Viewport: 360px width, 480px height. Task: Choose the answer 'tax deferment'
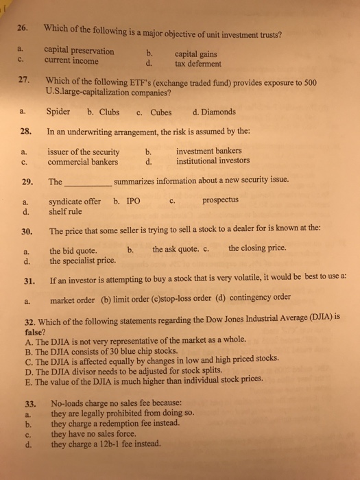pyautogui.click(x=198, y=64)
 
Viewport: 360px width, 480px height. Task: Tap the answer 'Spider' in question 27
pyautogui.click(x=58, y=112)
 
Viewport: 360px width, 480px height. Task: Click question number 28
pyautogui.click(x=23, y=131)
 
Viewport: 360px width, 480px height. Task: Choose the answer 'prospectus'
pyautogui.click(x=221, y=201)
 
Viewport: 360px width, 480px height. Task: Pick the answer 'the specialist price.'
pyautogui.click(x=83, y=261)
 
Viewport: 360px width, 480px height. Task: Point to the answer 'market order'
pyautogui.click(x=73, y=298)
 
